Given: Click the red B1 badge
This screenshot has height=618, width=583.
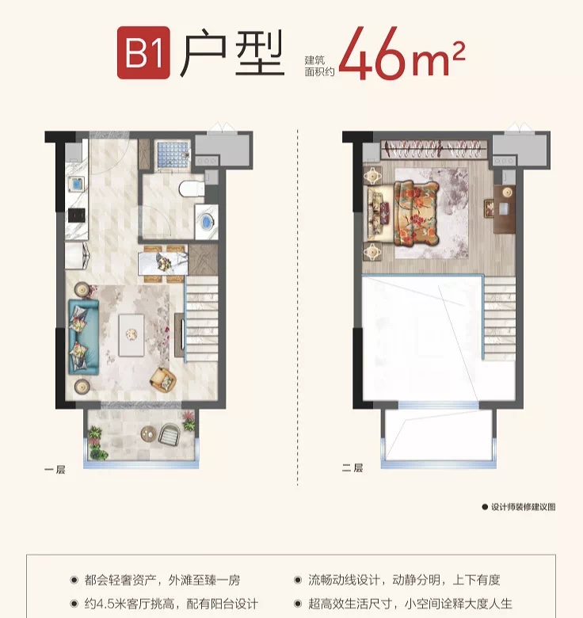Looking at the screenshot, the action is [144, 52].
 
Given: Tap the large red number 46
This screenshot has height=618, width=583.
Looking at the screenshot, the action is [372, 53].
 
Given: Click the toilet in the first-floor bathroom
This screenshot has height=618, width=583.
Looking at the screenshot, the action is [192, 188].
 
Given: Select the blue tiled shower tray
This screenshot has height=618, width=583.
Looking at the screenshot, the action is [173, 154].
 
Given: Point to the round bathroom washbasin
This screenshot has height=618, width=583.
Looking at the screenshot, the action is [207, 222].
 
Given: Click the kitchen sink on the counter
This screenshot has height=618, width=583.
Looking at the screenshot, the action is [75, 184].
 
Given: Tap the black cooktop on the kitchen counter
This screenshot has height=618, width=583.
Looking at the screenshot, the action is [76, 216].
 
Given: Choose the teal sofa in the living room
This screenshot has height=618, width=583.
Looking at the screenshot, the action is [83, 337].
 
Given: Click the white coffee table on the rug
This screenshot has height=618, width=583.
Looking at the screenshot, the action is [131, 334].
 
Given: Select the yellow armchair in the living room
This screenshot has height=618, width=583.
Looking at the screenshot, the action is [162, 380].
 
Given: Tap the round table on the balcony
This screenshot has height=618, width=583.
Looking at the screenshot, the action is [149, 433].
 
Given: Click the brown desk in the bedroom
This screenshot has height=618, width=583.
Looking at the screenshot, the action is [505, 209].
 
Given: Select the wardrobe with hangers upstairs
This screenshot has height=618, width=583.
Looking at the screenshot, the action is [434, 150].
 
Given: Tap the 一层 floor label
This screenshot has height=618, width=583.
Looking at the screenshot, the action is [55, 469].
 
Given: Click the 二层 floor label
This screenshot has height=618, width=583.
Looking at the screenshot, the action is [352, 467].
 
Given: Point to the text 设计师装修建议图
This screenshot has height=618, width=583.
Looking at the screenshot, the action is [523, 507].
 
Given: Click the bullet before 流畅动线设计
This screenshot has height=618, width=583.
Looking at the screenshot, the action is [298, 580].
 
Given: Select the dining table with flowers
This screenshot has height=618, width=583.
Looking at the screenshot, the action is [162, 263].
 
